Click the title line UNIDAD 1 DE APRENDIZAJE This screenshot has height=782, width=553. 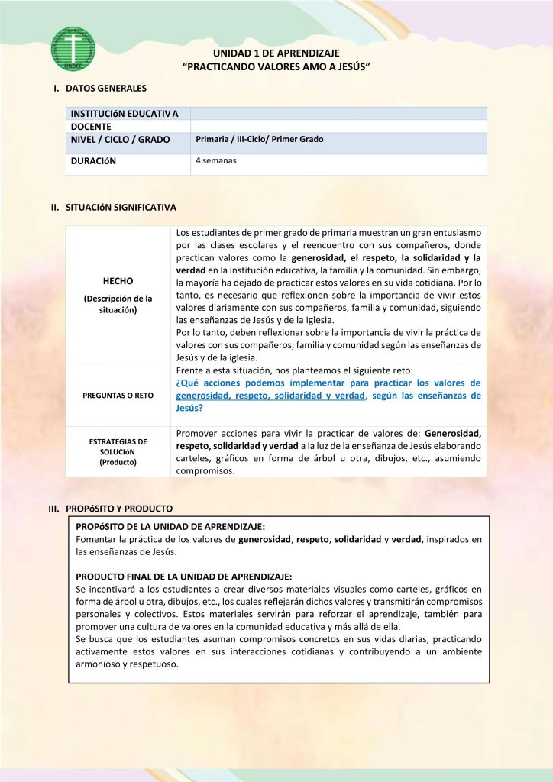(276, 54)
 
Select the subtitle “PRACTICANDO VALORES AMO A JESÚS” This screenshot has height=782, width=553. (276, 68)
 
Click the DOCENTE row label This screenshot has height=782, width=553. (91, 127)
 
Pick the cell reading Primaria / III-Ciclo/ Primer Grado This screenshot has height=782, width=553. (260, 140)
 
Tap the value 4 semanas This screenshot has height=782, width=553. (216, 161)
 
